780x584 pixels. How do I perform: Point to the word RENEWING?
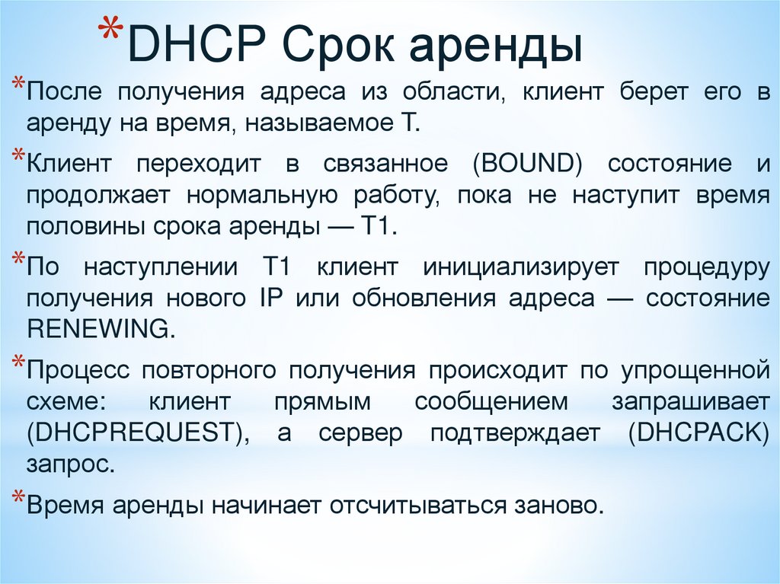coord(96,329)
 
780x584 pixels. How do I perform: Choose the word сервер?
coord(356,432)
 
